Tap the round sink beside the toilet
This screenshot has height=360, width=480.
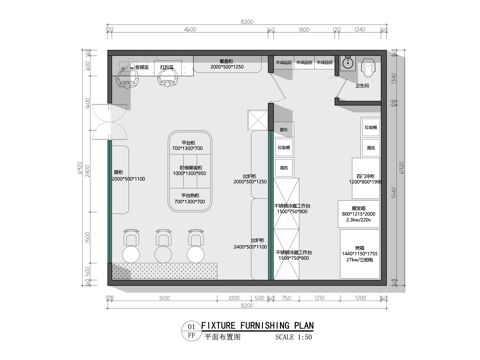349,65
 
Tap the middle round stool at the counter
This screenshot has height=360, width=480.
163,242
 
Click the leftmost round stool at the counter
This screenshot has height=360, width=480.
130,242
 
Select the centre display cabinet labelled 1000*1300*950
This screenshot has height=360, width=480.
190,171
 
